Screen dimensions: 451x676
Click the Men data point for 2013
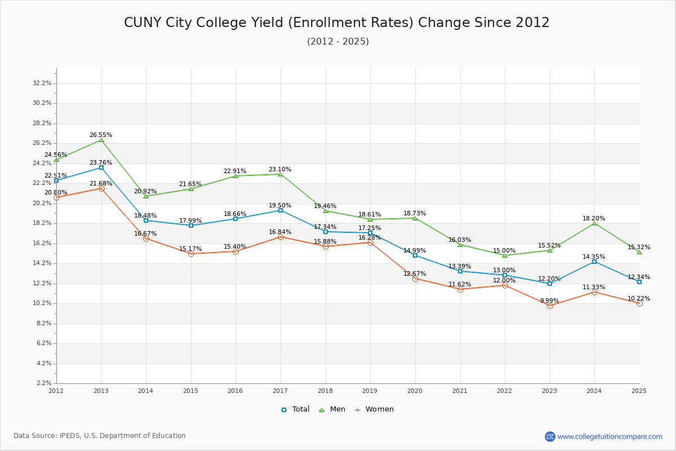[101, 140]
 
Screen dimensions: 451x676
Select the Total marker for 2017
[281, 210]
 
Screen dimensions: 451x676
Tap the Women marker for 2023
[550, 306]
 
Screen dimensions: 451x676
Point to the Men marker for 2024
[594, 224]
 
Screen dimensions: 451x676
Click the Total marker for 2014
[146, 220]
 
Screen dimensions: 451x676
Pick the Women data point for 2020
[415, 278]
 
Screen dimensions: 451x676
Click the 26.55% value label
[101, 135]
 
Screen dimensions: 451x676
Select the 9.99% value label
[550, 300]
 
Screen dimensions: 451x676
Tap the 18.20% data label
[594, 219]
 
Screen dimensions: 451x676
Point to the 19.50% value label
[280, 206]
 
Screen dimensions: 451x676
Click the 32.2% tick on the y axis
[42, 83]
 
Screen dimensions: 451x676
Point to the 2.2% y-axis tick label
[44, 383]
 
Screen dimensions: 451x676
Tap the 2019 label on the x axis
[370, 391]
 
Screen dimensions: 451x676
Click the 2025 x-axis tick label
[639, 391]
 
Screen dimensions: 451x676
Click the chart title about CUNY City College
[337, 23]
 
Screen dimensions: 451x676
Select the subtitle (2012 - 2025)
[338, 42]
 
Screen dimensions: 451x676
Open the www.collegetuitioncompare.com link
[610, 436]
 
